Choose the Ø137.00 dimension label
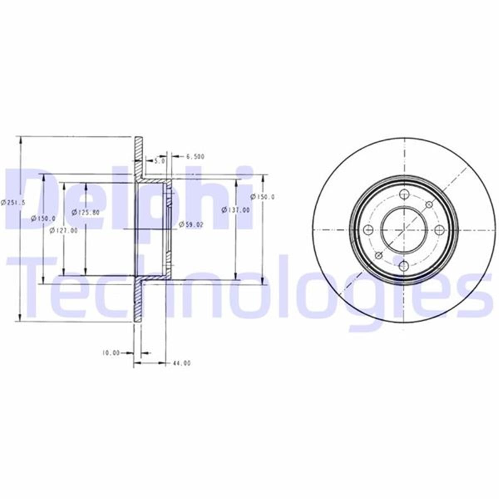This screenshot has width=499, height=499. tap(236, 210)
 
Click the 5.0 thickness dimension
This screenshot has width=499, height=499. tap(159, 160)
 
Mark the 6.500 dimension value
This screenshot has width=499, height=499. tap(195, 157)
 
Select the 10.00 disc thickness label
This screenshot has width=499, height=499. tap(111, 353)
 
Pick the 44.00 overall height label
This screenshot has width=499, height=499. tap(181, 363)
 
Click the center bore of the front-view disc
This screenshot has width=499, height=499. tap(404, 230)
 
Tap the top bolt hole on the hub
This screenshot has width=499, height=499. tap(404, 194)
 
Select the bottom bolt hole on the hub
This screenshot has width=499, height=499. tap(404, 265)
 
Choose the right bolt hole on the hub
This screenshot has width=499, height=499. tap(440, 230)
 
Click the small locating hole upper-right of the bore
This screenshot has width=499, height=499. tap(429, 204)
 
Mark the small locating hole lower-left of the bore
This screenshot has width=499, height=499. tap(378, 255)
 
